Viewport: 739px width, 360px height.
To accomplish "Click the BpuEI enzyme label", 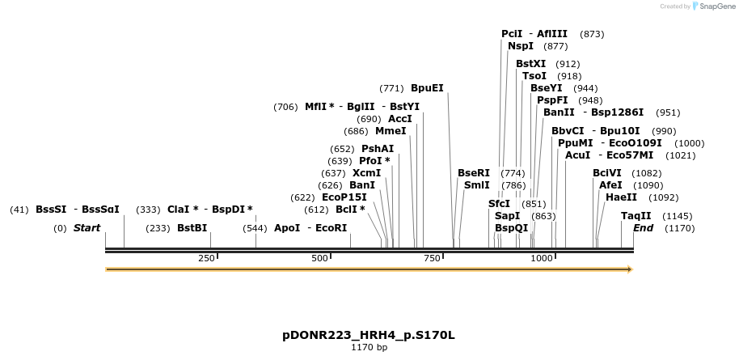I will click(427, 88).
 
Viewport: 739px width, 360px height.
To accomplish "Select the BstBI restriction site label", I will click(192, 228).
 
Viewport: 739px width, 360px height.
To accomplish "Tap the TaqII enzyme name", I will click(636, 216).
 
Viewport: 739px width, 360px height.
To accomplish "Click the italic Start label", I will click(87, 228).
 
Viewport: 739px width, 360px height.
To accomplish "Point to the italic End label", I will click(644, 228).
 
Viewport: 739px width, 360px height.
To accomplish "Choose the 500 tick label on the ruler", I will click(320, 258).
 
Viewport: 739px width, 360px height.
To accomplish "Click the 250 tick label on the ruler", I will click(206, 258).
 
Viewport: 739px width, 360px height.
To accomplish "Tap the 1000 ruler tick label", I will click(541, 258).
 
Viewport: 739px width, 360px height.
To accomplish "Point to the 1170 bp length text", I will click(369, 348).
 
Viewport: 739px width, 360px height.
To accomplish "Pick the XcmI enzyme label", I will click(366, 173).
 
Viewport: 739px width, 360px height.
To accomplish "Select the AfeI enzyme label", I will click(610, 185).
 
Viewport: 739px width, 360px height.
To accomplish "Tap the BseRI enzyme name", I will click(474, 173).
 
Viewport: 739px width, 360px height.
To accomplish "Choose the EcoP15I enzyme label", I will click(344, 197).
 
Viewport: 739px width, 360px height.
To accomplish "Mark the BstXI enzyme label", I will click(530, 64).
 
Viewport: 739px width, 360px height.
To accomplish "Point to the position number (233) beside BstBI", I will click(158, 228).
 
